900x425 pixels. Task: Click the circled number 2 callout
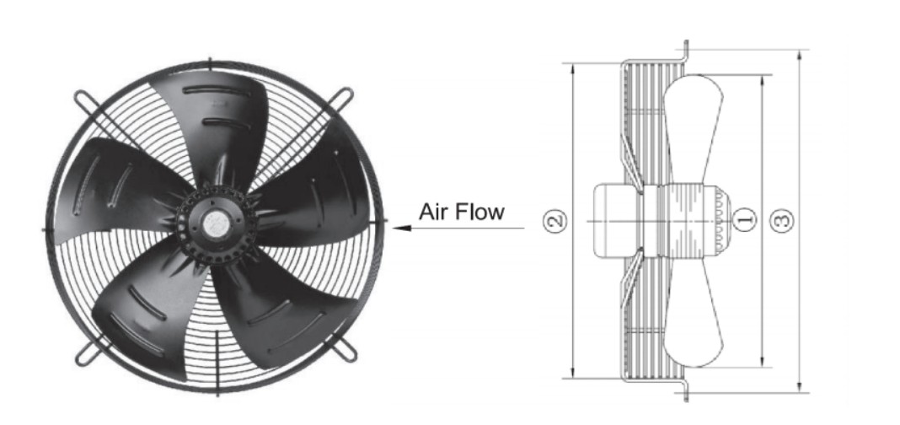click(554, 221)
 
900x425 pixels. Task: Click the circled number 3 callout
click(784, 221)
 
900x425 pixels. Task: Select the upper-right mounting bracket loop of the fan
click(346, 96)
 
